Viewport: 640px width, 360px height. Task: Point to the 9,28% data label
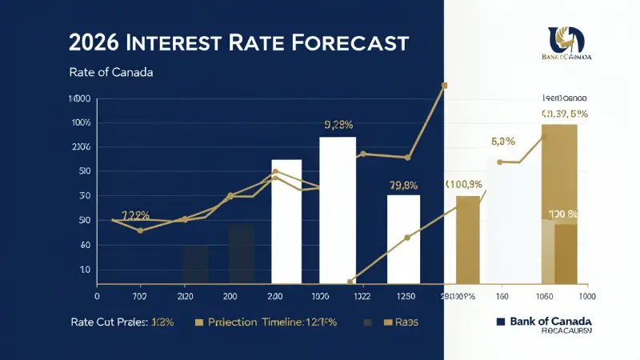338,125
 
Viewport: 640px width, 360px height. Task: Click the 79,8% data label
404,186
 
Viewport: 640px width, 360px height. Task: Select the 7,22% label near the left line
135,215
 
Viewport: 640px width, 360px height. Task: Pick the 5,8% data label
502,142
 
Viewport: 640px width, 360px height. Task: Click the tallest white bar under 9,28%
338,210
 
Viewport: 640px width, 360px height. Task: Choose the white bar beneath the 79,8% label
404,239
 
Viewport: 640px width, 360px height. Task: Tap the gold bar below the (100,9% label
468,240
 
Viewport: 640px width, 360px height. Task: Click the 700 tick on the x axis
140,295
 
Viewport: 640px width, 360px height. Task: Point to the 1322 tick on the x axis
362,295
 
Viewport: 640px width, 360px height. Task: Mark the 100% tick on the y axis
82,122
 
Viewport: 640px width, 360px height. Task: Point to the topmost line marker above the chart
444,85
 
